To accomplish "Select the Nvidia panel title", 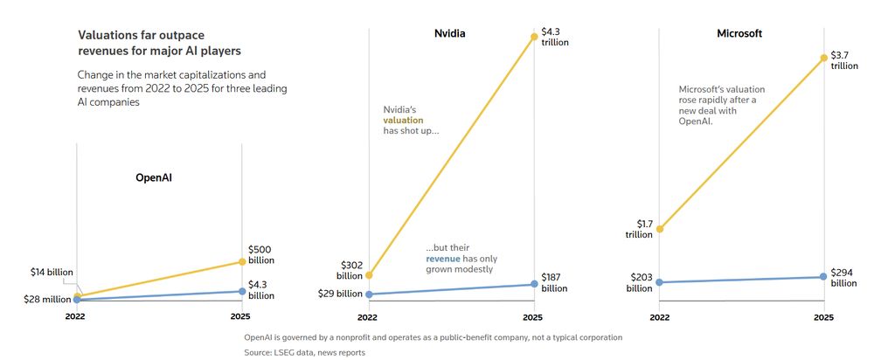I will pos(450,34).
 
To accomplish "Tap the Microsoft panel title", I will pos(739,34).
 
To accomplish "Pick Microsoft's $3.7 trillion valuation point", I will pos(822,59).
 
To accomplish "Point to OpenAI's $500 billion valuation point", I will pos(240,262).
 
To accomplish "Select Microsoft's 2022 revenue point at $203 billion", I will pos(660,282).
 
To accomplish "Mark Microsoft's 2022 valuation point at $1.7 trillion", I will pos(660,229).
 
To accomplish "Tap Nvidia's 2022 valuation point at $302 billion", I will pos(369,275).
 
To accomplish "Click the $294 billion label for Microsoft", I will pos(843,278).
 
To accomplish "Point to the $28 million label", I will pos(45,300).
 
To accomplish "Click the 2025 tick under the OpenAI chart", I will pos(240,315).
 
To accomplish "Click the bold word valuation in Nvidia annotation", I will pos(403,120).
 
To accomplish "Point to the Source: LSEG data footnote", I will pos(304,352).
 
